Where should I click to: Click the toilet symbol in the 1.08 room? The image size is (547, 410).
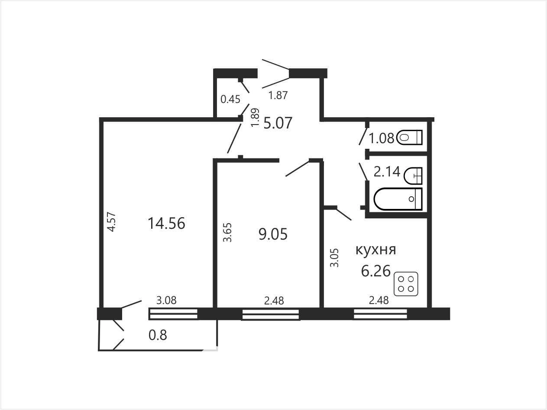click(x=409, y=138)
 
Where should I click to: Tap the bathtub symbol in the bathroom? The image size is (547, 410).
click(x=398, y=199)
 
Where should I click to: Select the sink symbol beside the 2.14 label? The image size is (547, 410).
click(x=413, y=176)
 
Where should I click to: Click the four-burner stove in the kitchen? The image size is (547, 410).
click(x=406, y=284)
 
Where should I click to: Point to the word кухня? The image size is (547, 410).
click(x=375, y=250)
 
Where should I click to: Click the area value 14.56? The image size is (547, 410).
click(x=166, y=223)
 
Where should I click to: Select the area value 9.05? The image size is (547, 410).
click(x=273, y=234)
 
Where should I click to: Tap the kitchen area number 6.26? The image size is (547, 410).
click(x=376, y=271)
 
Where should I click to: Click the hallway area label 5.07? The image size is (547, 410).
click(x=278, y=123)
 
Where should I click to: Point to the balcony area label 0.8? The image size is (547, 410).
click(x=158, y=335)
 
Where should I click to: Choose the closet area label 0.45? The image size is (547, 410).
click(x=230, y=99)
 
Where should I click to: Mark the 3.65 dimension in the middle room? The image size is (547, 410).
click(x=227, y=232)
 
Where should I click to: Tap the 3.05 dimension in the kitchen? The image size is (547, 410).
click(x=334, y=258)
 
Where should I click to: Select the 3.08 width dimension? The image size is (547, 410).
click(x=166, y=301)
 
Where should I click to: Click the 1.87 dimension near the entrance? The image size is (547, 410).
click(x=278, y=95)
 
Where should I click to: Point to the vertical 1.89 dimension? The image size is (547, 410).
click(x=255, y=118)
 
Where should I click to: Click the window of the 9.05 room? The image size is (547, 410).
click(x=270, y=314)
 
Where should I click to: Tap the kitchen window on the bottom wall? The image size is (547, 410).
click(x=380, y=314)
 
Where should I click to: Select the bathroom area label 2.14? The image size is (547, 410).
click(x=387, y=172)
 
